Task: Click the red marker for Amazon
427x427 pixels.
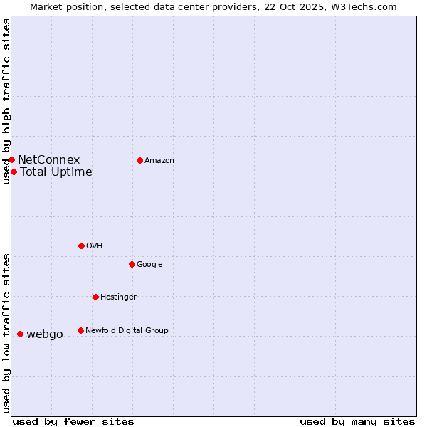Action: (x=139, y=160)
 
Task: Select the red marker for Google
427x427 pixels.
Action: (x=132, y=264)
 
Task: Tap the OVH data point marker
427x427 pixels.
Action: (x=81, y=246)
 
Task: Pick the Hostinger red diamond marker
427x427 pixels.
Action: (x=95, y=297)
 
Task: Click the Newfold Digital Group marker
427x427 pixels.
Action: (x=80, y=330)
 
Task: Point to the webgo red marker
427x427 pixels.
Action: (x=20, y=334)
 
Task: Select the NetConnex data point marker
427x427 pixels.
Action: (x=11, y=159)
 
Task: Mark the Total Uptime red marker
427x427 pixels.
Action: (x=14, y=172)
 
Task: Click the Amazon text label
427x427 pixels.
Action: (x=159, y=161)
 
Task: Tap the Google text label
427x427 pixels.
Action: (x=149, y=265)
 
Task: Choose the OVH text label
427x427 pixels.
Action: (x=95, y=246)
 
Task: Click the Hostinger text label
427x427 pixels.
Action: (x=118, y=297)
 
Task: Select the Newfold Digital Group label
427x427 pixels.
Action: (x=127, y=331)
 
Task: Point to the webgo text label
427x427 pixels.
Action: (x=45, y=334)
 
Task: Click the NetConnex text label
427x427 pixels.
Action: (x=48, y=160)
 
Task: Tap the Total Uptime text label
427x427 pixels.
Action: (x=56, y=172)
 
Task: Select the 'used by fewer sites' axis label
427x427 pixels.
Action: (x=73, y=421)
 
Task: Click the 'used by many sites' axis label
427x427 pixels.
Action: (x=357, y=421)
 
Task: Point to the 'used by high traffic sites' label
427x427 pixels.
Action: (x=7, y=101)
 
